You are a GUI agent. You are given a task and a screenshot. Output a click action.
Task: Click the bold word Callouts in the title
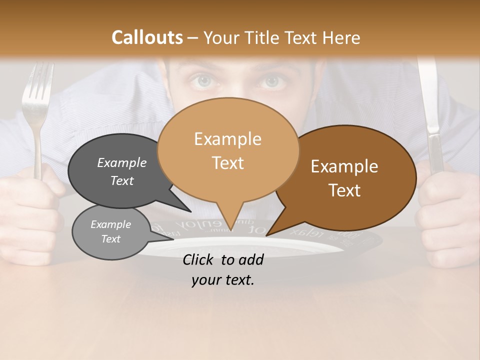(147, 37)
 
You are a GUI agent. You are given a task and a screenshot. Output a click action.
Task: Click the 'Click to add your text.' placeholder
(222, 270)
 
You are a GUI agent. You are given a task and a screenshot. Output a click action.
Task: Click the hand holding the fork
(32, 210)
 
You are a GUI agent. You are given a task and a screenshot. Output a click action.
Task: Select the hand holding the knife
(445, 210)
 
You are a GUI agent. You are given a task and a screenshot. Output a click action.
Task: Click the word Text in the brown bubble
(344, 190)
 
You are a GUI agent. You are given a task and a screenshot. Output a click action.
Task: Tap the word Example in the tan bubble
(227, 139)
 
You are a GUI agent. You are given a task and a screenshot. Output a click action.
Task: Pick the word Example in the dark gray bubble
(121, 163)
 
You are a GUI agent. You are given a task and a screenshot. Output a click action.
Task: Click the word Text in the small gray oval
(110, 239)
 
